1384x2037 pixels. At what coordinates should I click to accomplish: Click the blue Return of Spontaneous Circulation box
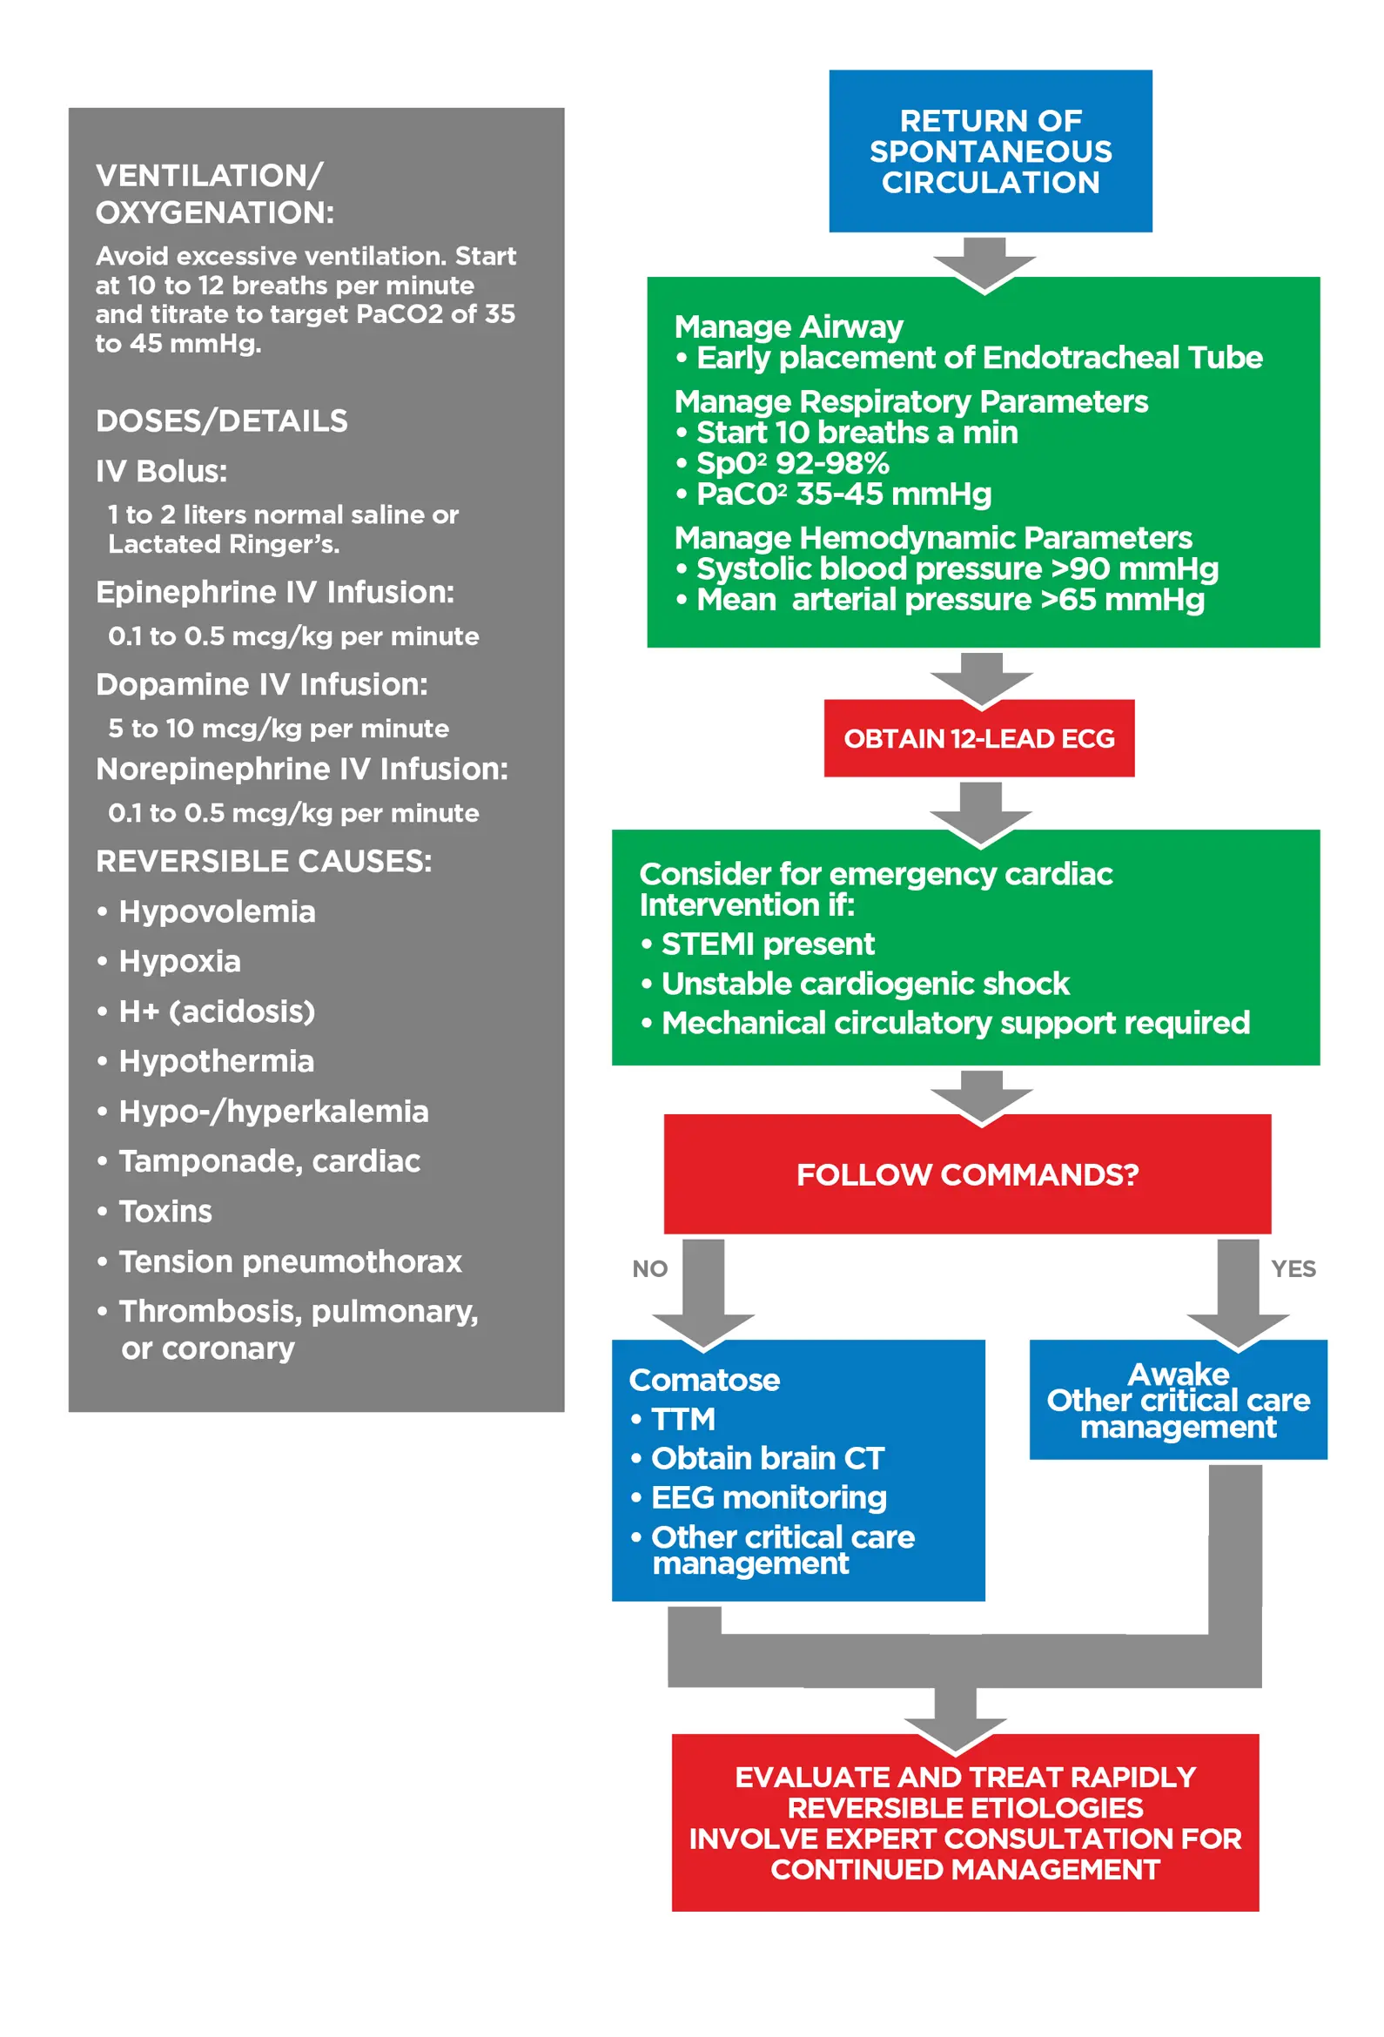point(991,151)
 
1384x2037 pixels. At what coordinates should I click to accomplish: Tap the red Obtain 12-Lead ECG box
point(979,738)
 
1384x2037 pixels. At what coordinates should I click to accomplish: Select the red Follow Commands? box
point(967,1173)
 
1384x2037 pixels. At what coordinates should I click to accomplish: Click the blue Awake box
point(1178,1399)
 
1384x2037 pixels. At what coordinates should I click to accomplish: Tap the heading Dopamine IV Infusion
point(261,683)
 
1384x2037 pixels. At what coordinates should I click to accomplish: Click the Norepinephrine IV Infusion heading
point(301,769)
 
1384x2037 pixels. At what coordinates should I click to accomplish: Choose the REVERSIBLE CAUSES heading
point(263,861)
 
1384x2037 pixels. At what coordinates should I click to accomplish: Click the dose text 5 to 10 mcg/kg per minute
point(278,729)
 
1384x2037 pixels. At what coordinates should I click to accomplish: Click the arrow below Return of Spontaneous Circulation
point(984,262)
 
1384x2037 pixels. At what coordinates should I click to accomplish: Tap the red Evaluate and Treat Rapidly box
point(964,1822)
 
